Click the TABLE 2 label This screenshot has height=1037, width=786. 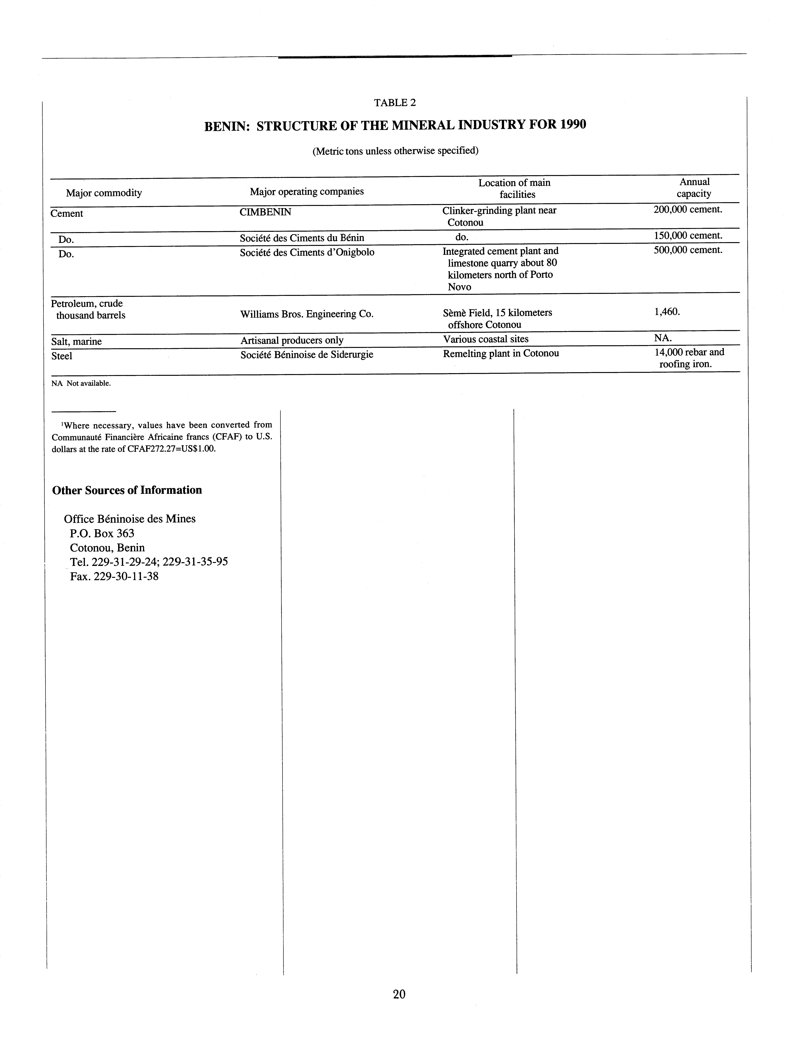pos(395,103)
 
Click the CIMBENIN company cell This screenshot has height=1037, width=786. pos(265,212)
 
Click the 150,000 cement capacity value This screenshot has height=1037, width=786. pos(688,235)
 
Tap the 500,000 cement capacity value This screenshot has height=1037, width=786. pos(688,250)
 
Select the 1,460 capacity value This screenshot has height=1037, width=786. pos(667,311)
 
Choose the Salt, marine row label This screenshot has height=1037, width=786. pos(76,341)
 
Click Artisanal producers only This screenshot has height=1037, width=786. pos(291,340)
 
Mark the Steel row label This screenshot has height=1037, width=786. pos(62,356)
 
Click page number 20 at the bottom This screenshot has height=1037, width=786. pos(399,1007)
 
